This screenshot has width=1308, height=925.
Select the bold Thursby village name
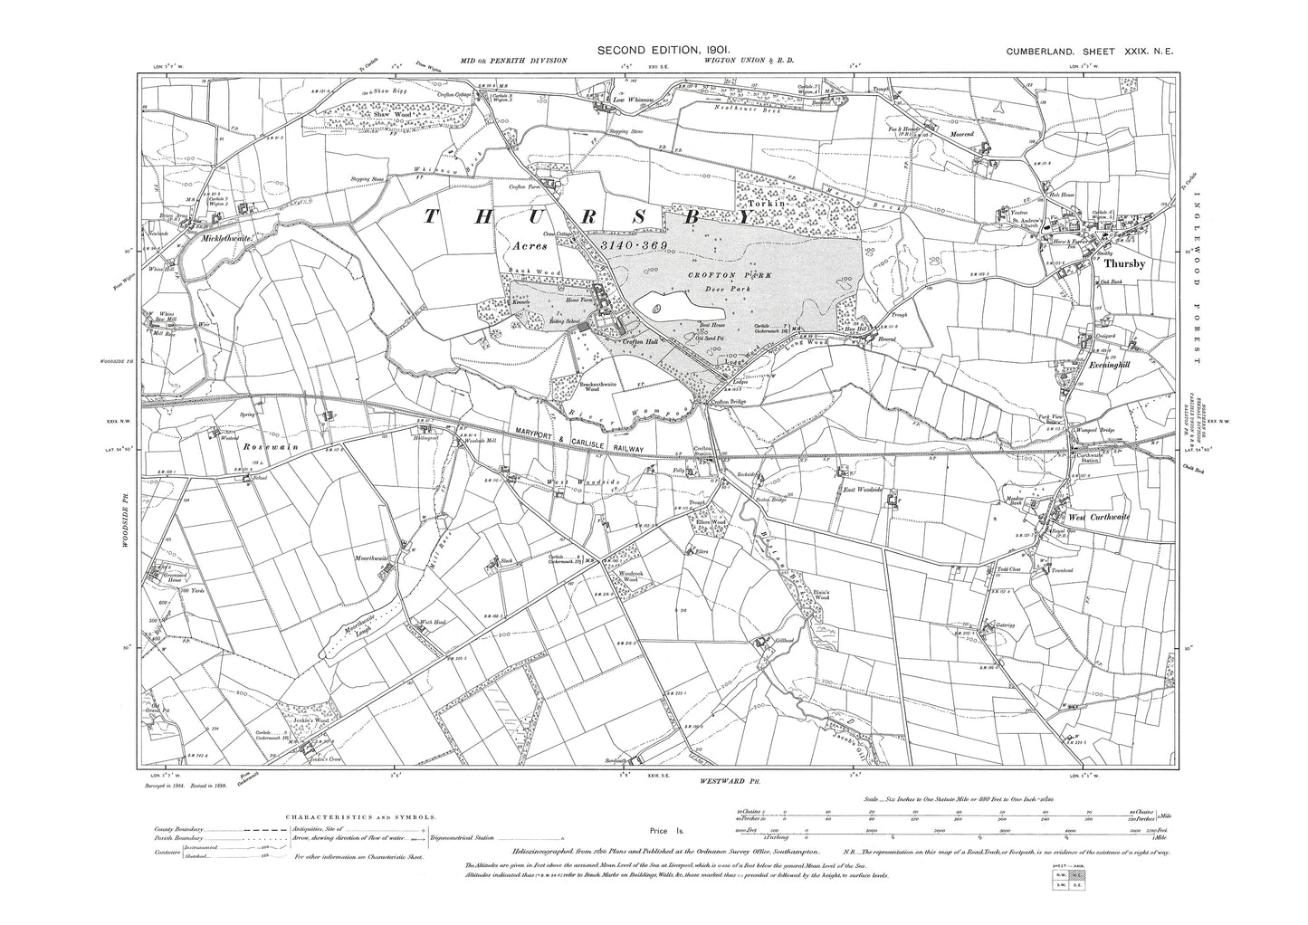(1125, 264)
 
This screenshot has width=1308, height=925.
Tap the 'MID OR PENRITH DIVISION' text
(513, 60)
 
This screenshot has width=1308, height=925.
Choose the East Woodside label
(862, 490)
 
